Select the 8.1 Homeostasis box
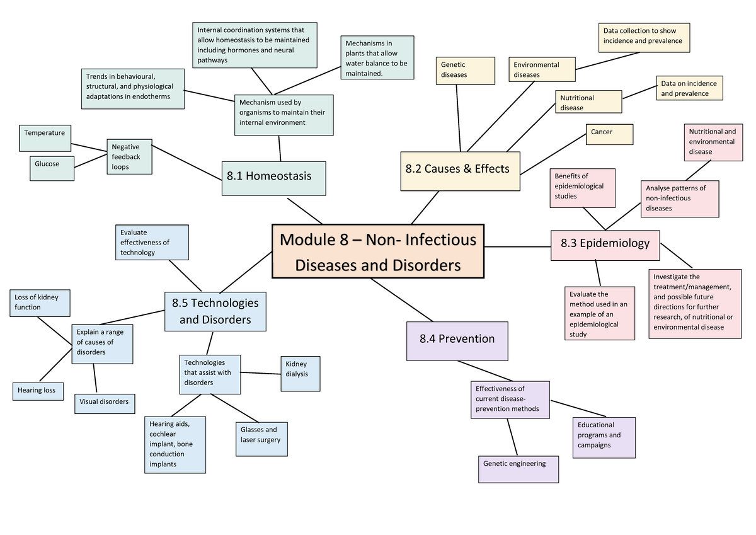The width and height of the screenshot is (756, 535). [273, 176]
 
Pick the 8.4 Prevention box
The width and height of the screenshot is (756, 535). [457, 340]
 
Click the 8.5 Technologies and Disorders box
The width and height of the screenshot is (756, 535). [215, 311]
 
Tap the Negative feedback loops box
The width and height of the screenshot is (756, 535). [129, 156]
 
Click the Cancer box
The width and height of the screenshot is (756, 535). [609, 134]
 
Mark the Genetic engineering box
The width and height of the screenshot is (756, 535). [518, 469]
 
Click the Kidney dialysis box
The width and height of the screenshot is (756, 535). [300, 374]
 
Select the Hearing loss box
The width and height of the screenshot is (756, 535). [37, 391]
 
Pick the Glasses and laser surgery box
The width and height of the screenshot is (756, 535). [261, 439]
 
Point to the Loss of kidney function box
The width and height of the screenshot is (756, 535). [40, 303]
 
